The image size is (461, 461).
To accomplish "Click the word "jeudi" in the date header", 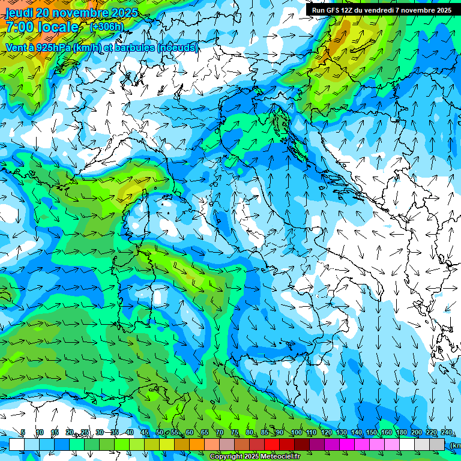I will pyautogui.click(x=19, y=12).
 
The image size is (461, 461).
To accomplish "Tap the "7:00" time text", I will pyautogui.click(x=19, y=27).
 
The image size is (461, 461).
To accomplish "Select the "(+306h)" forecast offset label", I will pyautogui.click(x=106, y=27).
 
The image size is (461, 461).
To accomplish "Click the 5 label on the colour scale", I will pyautogui.click(x=23, y=433).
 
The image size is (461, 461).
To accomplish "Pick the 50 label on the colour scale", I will pyautogui.click(x=160, y=433).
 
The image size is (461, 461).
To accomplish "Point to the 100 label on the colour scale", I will pyautogui.click(x=297, y=433).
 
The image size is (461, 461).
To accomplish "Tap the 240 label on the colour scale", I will pyautogui.click(x=446, y=433).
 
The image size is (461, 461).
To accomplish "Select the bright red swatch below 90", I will pyautogui.click(x=272, y=444).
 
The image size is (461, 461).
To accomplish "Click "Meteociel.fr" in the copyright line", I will pyautogui.click(x=271, y=456).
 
